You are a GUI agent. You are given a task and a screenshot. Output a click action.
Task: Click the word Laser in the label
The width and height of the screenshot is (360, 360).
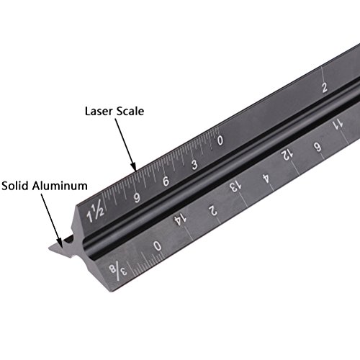pyautogui.click(x=101, y=112)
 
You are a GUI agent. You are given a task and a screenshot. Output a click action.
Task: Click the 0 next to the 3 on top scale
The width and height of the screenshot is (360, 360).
pyautogui.click(x=220, y=141)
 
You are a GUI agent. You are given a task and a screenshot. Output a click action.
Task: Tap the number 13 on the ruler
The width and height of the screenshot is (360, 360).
pyautogui.click(x=235, y=185)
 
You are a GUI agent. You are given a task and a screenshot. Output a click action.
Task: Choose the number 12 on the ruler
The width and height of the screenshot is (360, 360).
pyautogui.click(x=286, y=153)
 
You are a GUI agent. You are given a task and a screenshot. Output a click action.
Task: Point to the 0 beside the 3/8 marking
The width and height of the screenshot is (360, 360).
pyautogui.click(x=158, y=247)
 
